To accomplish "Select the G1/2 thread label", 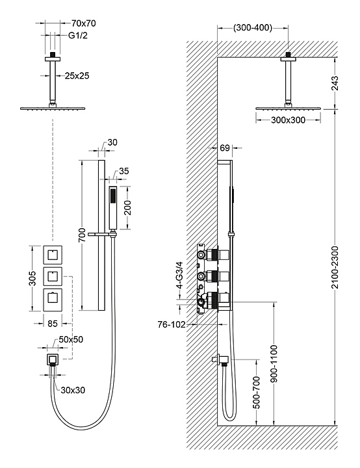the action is click(x=78, y=36).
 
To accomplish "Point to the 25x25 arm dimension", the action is click(x=77, y=76).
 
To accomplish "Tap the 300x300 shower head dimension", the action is click(x=288, y=120).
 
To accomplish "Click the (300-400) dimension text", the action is click(x=253, y=28).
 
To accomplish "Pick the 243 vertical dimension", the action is click(x=335, y=83).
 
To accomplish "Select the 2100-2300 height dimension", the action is click(x=335, y=267).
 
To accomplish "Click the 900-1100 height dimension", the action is click(x=274, y=363).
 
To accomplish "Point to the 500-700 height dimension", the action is click(x=256, y=392).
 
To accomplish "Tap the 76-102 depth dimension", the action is click(x=172, y=324).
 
